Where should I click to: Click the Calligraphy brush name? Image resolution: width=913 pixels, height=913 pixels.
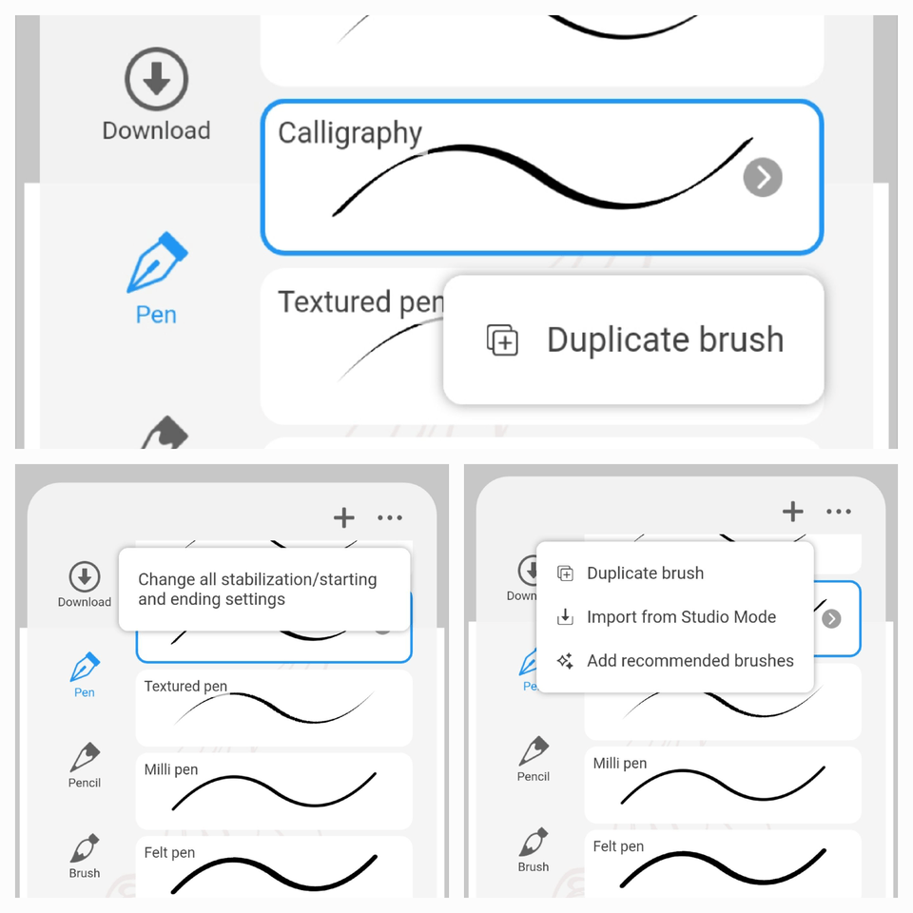[350, 134]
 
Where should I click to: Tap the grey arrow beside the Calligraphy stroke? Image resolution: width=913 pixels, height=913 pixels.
[763, 177]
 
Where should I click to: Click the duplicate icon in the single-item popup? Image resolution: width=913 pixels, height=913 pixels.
[502, 340]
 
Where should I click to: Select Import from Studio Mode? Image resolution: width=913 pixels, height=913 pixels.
[681, 617]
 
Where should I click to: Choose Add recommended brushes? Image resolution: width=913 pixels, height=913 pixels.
[690, 661]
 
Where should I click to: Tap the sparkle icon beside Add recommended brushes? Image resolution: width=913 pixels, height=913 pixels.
[565, 661]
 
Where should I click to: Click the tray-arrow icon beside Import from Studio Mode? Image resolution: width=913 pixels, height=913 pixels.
[565, 617]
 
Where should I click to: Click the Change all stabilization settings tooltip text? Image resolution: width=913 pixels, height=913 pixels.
[258, 589]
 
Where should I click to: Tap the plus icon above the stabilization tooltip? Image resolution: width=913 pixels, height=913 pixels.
[344, 517]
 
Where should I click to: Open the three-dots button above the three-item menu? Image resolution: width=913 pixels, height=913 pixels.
[839, 512]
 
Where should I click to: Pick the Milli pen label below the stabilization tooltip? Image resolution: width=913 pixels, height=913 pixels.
[171, 769]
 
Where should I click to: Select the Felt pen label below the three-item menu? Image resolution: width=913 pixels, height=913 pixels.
[618, 846]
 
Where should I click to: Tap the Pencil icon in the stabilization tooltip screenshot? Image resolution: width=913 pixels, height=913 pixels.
[85, 758]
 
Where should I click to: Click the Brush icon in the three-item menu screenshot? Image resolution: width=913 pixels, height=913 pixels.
[534, 842]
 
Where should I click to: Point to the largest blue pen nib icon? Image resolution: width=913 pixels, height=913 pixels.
[157, 262]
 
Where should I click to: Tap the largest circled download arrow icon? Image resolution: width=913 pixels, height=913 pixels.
[156, 80]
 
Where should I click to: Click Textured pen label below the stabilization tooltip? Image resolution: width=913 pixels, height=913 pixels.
[185, 686]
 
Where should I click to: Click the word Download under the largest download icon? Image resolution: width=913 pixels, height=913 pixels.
[156, 131]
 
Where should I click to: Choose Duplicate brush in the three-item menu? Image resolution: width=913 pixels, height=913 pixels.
[645, 573]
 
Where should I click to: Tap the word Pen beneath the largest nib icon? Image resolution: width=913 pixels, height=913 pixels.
[156, 315]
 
